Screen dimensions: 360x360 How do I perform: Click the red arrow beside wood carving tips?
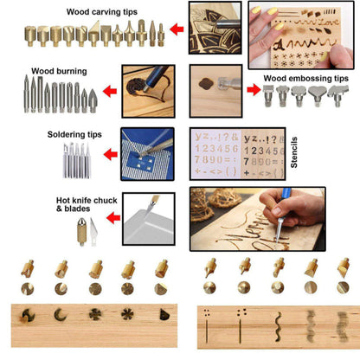coord(176,30)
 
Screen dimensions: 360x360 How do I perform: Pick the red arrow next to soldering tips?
coord(110,155)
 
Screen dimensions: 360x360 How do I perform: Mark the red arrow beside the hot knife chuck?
coord(110,222)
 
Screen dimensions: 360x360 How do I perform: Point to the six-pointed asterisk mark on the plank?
coord(129,312)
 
